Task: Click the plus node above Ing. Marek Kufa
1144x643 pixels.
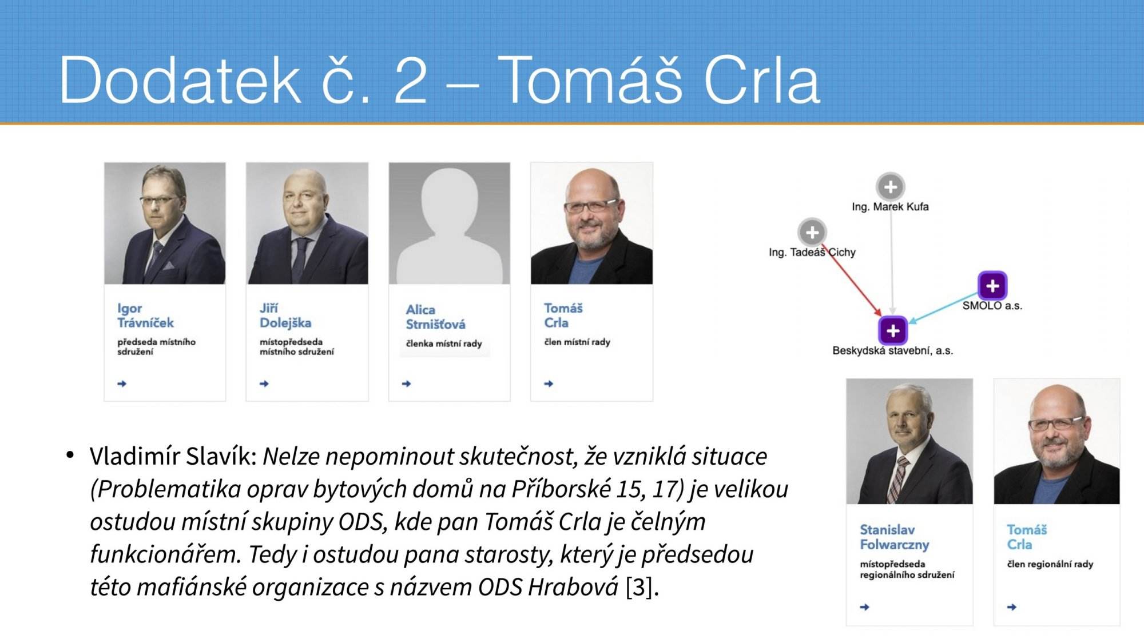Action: click(891, 186)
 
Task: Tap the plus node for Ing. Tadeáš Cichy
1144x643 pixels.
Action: click(812, 232)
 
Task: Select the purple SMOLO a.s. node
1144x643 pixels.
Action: click(992, 285)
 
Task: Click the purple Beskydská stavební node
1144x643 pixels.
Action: click(893, 330)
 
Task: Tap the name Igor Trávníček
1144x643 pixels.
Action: click(145, 315)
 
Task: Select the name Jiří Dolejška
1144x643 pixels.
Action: click(285, 315)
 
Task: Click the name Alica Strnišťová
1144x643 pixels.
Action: click(435, 317)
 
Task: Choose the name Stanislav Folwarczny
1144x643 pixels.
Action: click(895, 537)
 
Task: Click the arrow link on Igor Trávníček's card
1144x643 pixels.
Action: click(122, 384)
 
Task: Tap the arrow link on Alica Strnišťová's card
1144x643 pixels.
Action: click(407, 384)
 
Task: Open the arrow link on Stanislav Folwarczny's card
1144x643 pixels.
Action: click(864, 607)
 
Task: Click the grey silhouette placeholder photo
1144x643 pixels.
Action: click(450, 223)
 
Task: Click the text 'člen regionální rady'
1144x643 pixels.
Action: click(1050, 564)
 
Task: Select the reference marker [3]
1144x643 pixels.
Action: click(639, 587)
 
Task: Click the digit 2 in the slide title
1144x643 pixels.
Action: click(411, 80)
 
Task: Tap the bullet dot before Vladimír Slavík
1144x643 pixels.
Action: click(70, 456)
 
